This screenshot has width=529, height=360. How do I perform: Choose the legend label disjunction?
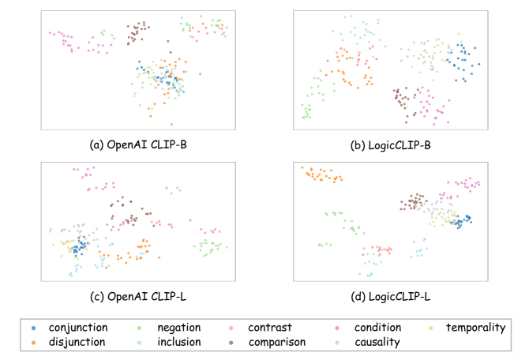77,343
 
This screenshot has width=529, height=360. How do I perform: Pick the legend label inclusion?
178,343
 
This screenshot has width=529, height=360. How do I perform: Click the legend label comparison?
276,343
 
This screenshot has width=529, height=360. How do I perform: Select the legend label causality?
377,343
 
